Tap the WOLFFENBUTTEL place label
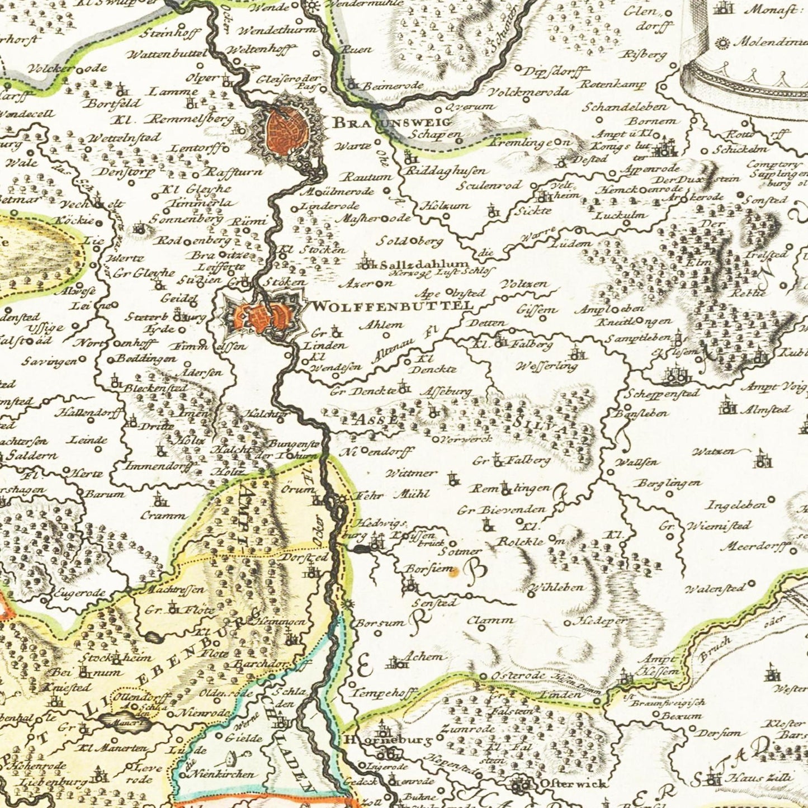tap(391, 306)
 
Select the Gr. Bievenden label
tap(501, 510)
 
